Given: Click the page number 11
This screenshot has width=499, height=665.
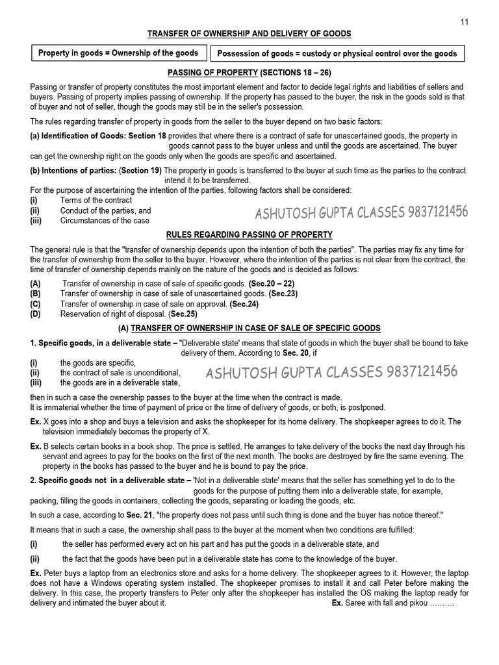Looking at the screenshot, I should click(x=464, y=21).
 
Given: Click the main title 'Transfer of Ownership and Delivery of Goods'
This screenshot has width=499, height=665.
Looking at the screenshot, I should click(x=249, y=33).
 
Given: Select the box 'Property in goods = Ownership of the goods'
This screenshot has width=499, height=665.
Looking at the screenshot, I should click(x=119, y=53).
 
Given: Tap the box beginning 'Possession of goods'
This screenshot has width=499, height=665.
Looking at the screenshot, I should click(x=336, y=53).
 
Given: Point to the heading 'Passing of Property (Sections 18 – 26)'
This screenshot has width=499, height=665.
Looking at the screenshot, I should click(x=249, y=73).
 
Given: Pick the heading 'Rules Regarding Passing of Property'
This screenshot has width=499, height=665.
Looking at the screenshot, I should click(x=249, y=234).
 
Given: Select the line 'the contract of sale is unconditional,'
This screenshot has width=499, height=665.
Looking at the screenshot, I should click(x=120, y=373).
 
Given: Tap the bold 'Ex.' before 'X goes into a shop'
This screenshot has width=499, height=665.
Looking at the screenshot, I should click(x=36, y=421).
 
